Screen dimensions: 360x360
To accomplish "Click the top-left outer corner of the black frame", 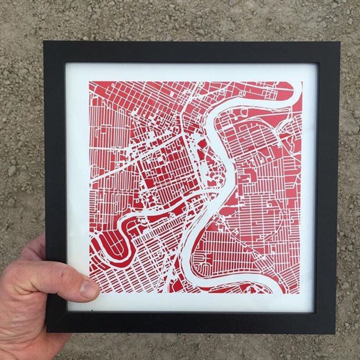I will click(x=44, y=41).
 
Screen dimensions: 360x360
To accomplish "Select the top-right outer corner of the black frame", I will click(x=341, y=42).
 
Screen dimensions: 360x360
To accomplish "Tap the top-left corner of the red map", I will click(x=89, y=82).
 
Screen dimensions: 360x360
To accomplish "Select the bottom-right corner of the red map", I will click(x=300, y=293).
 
